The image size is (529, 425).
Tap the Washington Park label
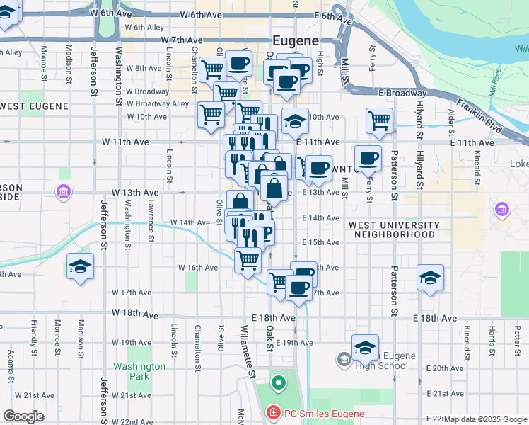[x=139, y=371]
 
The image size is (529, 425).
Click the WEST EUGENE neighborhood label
[x=35, y=106]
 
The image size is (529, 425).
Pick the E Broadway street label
[x=402, y=93]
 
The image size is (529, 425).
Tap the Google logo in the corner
[x=23, y=416]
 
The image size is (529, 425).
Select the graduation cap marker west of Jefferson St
[x=80, y=268]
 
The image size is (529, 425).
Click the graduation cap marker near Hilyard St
[x=430, y=277]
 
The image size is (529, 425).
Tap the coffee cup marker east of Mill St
[x=367, y=159]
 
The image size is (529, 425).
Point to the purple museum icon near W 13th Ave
[x=64, y=191]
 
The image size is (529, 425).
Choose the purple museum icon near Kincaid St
[x=502, y=209]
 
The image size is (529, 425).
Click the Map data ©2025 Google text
[x=485, y=419]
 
